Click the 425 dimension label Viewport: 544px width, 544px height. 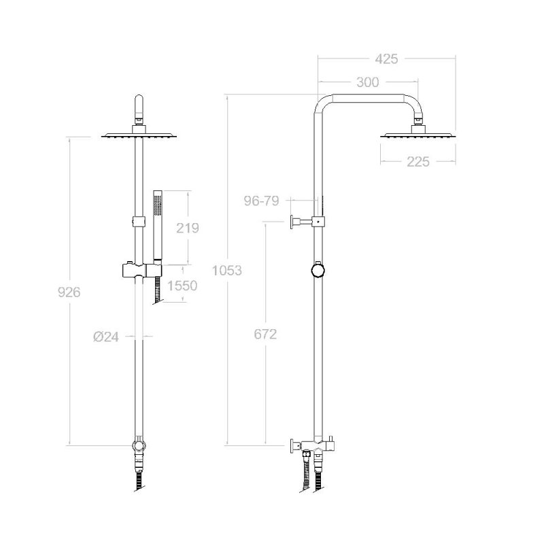386,59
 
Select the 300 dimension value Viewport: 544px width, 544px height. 368,82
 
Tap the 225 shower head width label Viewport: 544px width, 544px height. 418,162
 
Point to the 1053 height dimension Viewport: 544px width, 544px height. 227,270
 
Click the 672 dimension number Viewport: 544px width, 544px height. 265,334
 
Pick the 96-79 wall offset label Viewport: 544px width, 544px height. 261,201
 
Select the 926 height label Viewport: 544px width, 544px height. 69,292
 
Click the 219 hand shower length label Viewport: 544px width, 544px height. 188,228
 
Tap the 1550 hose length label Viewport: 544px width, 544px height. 182,286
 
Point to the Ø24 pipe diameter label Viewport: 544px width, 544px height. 106,337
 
